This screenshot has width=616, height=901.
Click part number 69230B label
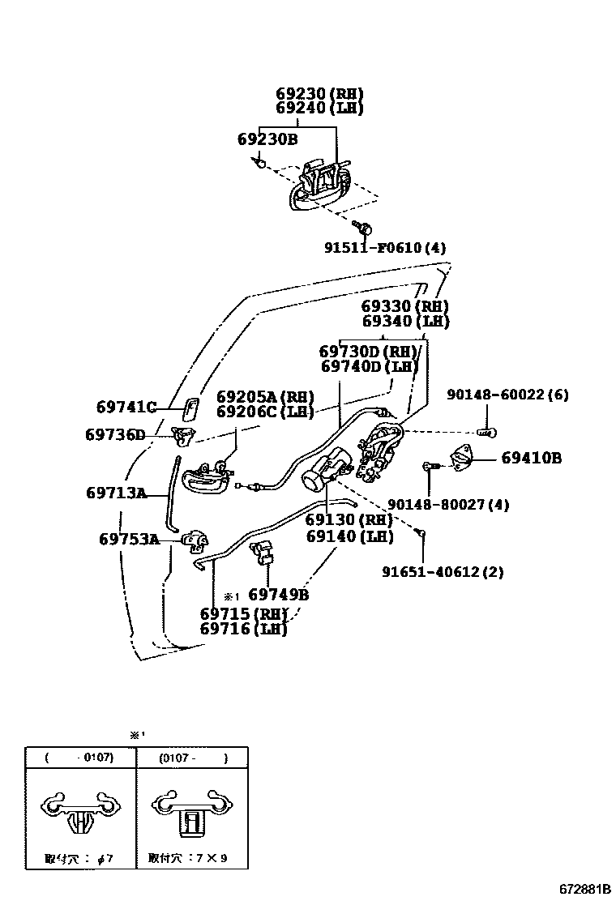coord(267,139)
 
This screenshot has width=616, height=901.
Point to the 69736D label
coord(114,435)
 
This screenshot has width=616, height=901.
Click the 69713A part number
coord(116,493)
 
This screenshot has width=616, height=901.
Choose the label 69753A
coord(129,539)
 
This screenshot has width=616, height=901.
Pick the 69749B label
coord(278,595)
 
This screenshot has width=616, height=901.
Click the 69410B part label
coord(531,458)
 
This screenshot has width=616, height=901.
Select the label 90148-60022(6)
coord(507,395)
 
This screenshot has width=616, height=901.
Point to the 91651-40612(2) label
coord(443,572)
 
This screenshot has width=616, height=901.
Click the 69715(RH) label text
coord(243,613)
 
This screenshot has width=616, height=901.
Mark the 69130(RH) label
coord(349,520)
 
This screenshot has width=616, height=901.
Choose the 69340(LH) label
coord(404,321)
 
